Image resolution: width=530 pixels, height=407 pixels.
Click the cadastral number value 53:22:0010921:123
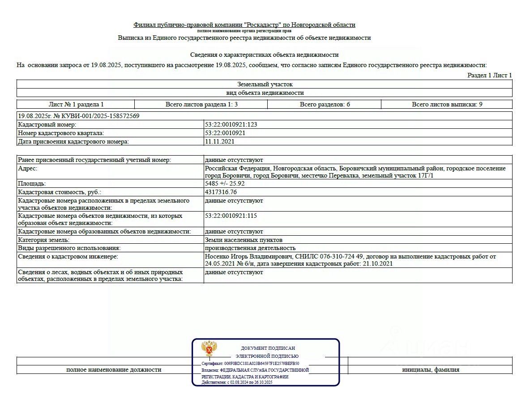[231, 124]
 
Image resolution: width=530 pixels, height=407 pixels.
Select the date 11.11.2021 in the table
[219, 141]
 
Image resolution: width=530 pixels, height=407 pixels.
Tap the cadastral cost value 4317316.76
[221, 192]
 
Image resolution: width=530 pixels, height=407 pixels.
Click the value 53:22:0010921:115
[231, 216]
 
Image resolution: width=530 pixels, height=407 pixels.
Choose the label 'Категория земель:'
[43, 240]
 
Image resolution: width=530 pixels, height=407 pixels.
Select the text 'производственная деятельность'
[250, 248]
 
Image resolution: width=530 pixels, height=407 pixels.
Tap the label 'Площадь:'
[32, 183]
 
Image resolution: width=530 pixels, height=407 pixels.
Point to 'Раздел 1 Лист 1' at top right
[489, 75]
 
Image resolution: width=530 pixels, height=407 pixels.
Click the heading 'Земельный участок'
[265, 84]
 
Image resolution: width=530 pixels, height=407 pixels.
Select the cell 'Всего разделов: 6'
[325, 104]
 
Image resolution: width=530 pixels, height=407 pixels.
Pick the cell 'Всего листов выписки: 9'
[447, 104]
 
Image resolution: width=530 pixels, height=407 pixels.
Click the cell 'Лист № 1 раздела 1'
[76, 104]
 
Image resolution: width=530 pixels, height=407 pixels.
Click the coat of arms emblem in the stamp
[209, 349]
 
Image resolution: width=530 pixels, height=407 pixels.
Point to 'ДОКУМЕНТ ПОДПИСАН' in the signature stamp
[268, 348]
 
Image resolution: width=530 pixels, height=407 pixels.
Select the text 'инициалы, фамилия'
[430, 369]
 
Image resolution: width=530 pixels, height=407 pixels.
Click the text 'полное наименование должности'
[114, 369]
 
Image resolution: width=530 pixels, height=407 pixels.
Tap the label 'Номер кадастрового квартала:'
[61, 133]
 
